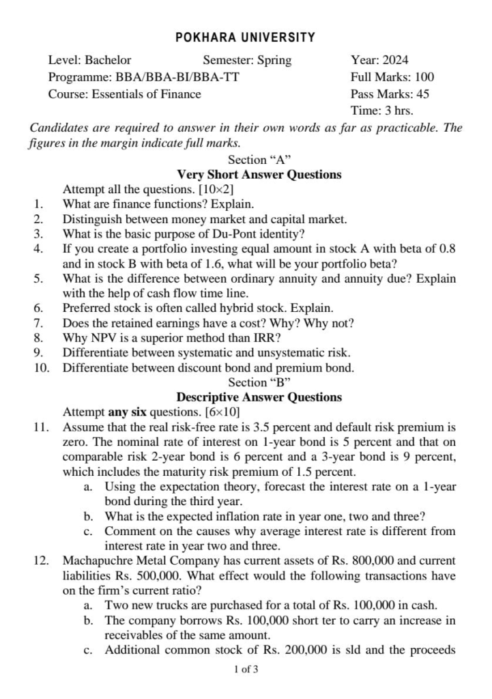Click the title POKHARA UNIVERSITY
246,38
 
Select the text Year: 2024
379,60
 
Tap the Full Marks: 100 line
392,77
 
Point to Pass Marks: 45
390,94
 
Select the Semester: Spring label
246,60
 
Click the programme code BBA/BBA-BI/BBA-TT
178,77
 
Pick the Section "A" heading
259,160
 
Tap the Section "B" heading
259,382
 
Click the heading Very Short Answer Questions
259,175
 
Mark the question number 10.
40,367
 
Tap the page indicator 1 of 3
246,670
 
